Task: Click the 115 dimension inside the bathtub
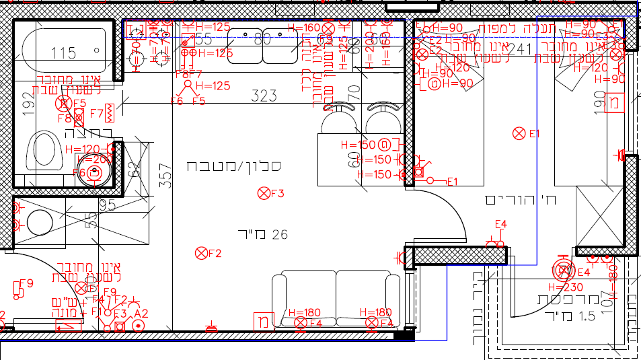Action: tap(63, 53)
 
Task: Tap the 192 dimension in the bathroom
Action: tap(28, 104)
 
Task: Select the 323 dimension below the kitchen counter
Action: tap(264, 96)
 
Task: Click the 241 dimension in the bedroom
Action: tap(519, 48)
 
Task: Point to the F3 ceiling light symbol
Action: tap(263, 194)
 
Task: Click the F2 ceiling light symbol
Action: tap(200, 253)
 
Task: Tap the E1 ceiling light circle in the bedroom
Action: tap(519, 133)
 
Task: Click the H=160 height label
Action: tap(304, 28)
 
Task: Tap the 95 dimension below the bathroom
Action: tap(108, 204)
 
